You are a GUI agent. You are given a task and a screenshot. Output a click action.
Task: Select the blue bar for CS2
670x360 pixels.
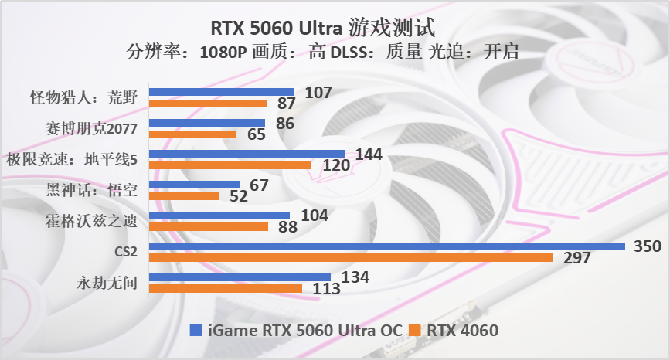coord(386,246)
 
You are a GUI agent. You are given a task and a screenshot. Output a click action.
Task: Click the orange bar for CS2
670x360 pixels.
coord(349,257)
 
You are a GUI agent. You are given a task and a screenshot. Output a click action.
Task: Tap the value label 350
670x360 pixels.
coord(648,246)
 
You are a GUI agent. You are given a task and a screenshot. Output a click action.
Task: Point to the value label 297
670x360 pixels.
coord(576,258)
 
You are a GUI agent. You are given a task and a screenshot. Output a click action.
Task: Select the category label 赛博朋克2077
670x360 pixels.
coord(91,128)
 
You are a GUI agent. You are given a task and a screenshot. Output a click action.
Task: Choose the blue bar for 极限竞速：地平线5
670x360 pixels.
coord(246,154)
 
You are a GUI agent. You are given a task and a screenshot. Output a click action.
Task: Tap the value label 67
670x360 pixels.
coord(258,185)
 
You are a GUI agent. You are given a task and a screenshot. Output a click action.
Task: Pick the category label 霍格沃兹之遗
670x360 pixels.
coord(91,221)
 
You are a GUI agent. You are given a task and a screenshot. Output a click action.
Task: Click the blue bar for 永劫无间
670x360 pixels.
coord(239,277)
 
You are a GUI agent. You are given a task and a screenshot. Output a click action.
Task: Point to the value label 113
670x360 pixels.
coord(325,289)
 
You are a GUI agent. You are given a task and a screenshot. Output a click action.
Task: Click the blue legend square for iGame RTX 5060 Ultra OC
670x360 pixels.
coord(196,331)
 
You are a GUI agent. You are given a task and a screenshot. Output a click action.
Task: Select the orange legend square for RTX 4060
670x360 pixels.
coord(414,331)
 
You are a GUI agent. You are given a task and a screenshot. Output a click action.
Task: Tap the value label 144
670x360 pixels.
coord(369,154)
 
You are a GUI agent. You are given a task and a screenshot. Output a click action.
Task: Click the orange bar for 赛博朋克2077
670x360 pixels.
coord(192,134)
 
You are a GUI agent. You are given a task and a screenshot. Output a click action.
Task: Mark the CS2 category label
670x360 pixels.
coord(125,252)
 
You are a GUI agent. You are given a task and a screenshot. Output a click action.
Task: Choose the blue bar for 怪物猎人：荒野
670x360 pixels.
coord(220,92)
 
